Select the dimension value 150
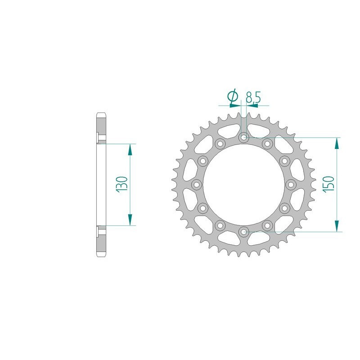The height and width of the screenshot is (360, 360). pyautogui.click(x=329, y=184)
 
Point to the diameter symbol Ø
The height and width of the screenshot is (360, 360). pyautogui.click(x=233, y=96)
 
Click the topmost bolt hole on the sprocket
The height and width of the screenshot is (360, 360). pyautogui.click(x=243, y=137)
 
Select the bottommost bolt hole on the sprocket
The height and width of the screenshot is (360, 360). pyautogui.click(x=243, y=232)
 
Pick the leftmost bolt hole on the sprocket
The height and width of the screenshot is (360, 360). pyautogui.click(x=196, y=184)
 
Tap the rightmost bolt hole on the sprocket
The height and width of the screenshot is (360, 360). pyautogui.click(x=291, y=184)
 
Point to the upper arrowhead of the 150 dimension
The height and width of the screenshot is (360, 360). pyautogui.click(x=337, y=143)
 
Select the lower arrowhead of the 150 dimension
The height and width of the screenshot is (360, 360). pyautogui.click(x=337, y=226)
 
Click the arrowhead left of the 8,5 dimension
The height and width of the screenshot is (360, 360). pyautogui.click(x=234, y=105)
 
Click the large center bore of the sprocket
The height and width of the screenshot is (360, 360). pyautogui.click(x=243, y=184)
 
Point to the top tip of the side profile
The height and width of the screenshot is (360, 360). pyautogui.click(x=102, y=113)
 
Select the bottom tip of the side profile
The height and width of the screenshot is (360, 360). pyautogui.click(x=102, y=257)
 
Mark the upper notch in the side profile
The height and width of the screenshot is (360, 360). pyautogui.click(x=98, y=136)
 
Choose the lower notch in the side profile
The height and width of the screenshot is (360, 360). pyautogui.click(x=98, y=233)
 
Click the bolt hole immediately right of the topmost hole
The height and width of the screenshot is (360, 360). pyautogui.click(x=267, y=144)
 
